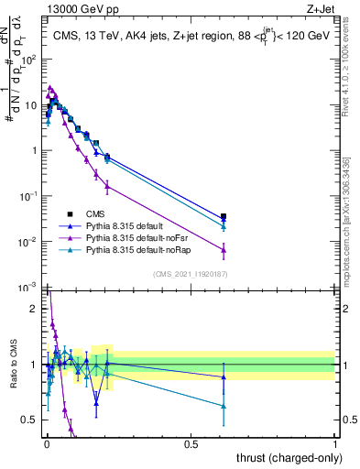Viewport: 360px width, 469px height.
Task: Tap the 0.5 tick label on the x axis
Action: click(x=191, y=444)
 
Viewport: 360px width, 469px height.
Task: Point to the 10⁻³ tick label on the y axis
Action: click(x=29, y=288)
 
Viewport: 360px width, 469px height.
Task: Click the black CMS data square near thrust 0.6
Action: click(x=224, y=217)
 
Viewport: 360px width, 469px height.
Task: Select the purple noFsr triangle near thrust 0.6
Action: click(x=224, y=248)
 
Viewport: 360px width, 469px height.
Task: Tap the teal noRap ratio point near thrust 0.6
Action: click(x=224, y=406)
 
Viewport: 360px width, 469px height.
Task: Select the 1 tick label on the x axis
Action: click(x=335, y=444)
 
